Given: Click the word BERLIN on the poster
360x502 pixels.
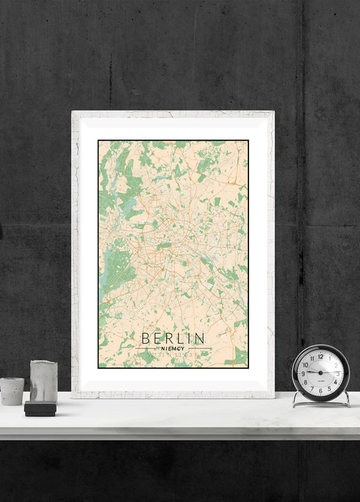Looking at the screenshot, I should coord(173,338).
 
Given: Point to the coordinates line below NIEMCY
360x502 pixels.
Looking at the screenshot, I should coord(173,355).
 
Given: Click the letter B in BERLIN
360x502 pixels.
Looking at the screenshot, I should coord(145,338).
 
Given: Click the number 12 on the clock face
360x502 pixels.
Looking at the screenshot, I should coord(320,356).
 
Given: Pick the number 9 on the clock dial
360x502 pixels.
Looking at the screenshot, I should coord(304,373).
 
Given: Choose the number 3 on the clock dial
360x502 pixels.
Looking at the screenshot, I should coord(337,373).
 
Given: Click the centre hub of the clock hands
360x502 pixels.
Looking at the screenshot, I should coord(320,373).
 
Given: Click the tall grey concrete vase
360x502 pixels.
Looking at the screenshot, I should coord(43,381).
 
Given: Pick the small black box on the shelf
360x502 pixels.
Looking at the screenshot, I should coord(40,409).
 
